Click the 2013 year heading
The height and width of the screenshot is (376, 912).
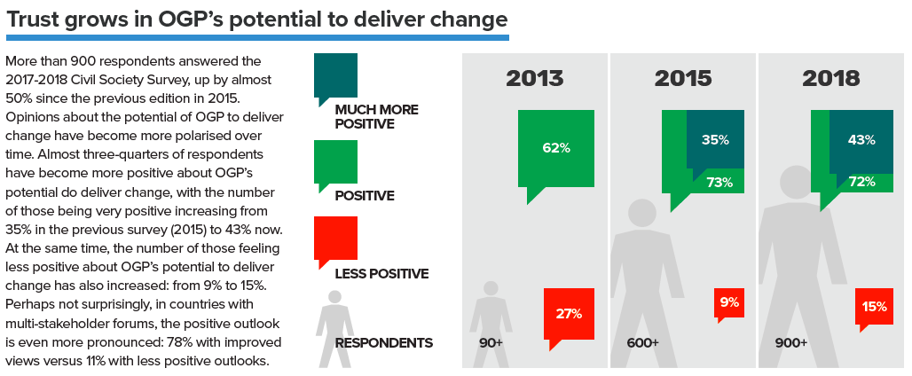pyautogui.click(x=535, y=78)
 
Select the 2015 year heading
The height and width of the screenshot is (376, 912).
pyautogui.click(x=683, y=78)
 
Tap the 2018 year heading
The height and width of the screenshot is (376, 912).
pyautogui.click(x=831, y=78)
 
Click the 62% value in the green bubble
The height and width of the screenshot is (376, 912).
pyautogui.click(x=555, y=148)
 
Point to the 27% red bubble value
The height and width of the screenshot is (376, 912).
pyautogui.click(x=569, y=313)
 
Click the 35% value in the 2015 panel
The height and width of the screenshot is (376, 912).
pyautogui.click(x=715, y=140)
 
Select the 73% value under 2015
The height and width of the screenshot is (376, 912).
pyautogui.click(x=719, y=183)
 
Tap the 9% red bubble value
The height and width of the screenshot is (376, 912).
pyautogui.click(x=729, y=302)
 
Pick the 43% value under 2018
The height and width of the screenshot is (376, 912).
pyautogui.click(x=861, y=140)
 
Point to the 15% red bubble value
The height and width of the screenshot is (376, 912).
pyautogui.click(x=875, y=307)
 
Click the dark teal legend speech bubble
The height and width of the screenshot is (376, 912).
pyautogui.click(x=335, y=75)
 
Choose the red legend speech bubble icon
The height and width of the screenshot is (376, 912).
pyautogui.click(x=335, y=238)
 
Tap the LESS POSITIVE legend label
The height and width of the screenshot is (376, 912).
pyautogui.click(x=381, y=274)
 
